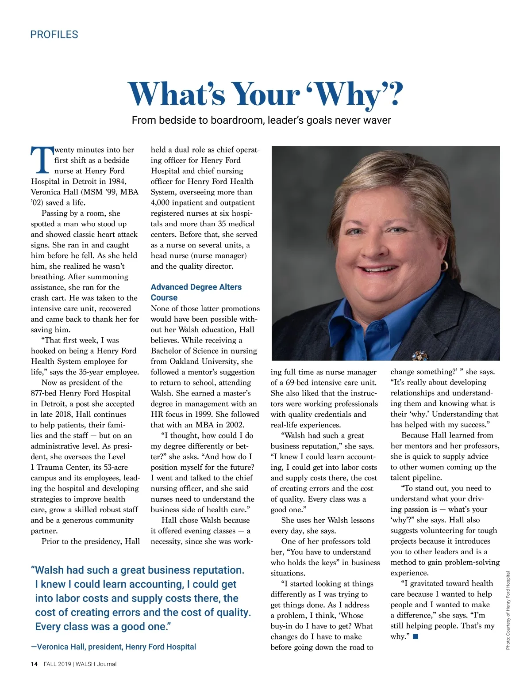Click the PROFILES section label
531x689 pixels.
tap(54, 34)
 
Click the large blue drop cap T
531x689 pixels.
tap(42, 161)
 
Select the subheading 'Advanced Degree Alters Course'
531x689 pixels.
tap(196, 292)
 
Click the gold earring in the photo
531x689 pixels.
tap(444, 266)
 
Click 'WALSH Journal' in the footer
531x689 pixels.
tap(96, 664)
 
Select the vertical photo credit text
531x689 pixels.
tap(508, 610)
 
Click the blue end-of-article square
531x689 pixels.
tap(415, 636)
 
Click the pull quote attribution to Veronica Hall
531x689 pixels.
tap(113, 647)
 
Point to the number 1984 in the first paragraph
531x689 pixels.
tap(116, 181)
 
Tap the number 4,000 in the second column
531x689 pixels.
tap(162, 202)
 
